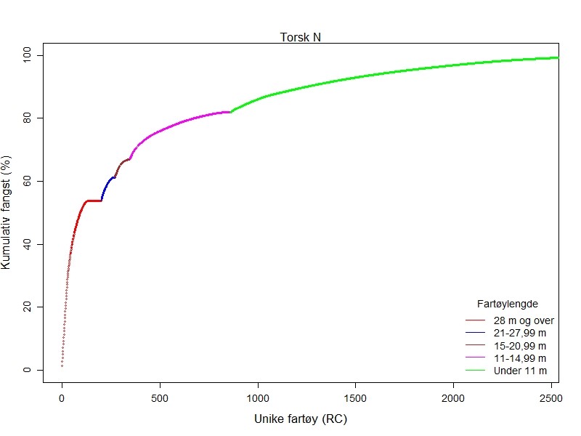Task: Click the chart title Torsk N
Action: click(x=301, y=38)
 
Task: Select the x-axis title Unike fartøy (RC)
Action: click(x=301, y=419)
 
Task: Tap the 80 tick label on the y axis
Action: click(x=27, y=118)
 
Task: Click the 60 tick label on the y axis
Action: click(x=27, y=181)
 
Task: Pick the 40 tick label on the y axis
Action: click(x=27, y=244)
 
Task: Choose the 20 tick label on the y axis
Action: click(x=27, y=307)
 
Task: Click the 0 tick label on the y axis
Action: click(x=27, y=370)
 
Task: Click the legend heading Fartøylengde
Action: click(x=507, y=303)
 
